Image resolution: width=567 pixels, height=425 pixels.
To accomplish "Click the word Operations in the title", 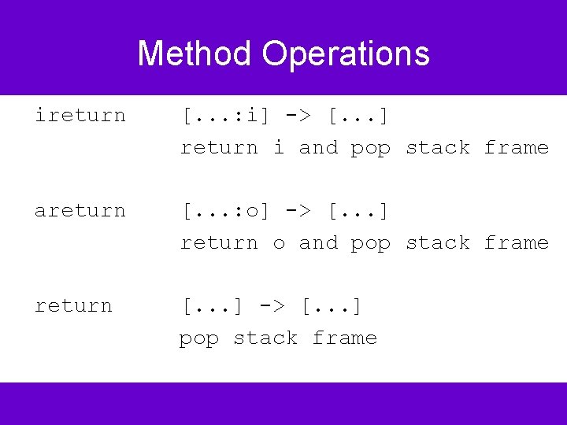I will coord(346,54).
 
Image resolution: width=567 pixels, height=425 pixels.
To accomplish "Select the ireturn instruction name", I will coord(80,116).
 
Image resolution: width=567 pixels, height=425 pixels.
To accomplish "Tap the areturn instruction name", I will coord(80,211).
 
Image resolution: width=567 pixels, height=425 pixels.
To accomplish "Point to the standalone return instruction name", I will coord(73,306).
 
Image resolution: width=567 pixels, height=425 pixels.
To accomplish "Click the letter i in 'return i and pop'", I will coord(279,147).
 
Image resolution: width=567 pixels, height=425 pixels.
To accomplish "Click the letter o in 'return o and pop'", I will coord(279,243).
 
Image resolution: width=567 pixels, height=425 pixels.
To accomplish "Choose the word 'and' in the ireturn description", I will coord(318,148).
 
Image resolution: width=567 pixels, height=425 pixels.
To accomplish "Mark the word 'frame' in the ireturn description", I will coord(517,148).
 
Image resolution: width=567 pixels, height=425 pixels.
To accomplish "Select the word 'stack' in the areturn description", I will coord(438,243).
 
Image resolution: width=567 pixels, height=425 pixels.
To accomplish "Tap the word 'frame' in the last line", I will coord(345,338).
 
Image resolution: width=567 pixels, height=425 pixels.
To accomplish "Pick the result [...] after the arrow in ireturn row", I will coord(359,116).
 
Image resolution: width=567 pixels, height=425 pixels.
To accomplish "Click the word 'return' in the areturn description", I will coord(219,243).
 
